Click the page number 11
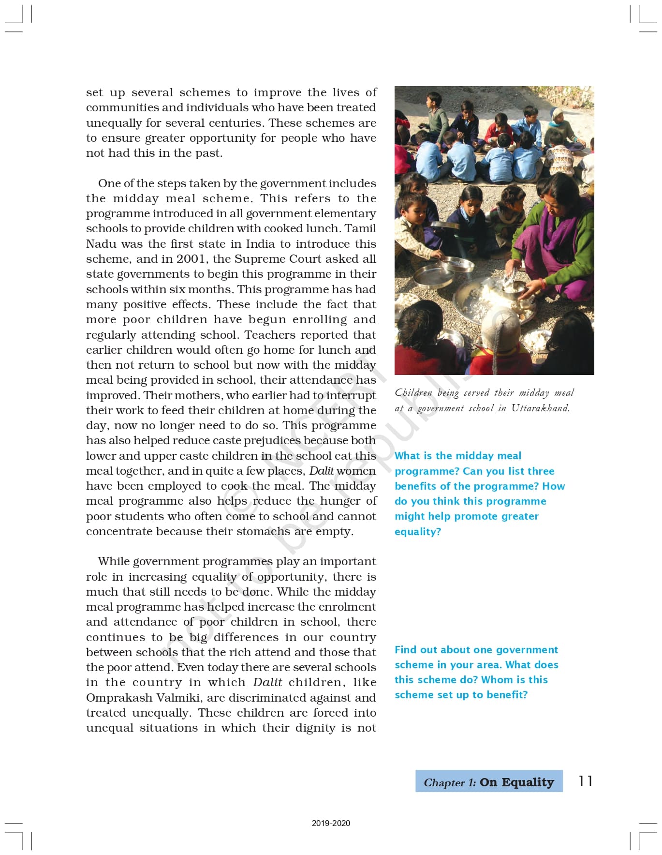pos(585,780)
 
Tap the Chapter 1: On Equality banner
pos(488,781)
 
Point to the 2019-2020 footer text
pos(331,823)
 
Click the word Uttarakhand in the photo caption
pos(540,408)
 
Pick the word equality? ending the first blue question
pos(418,531)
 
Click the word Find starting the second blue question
pos(405,649)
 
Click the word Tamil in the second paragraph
pos(360,228)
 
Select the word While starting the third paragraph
pos(114,561)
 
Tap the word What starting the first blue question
pos(407,456)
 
